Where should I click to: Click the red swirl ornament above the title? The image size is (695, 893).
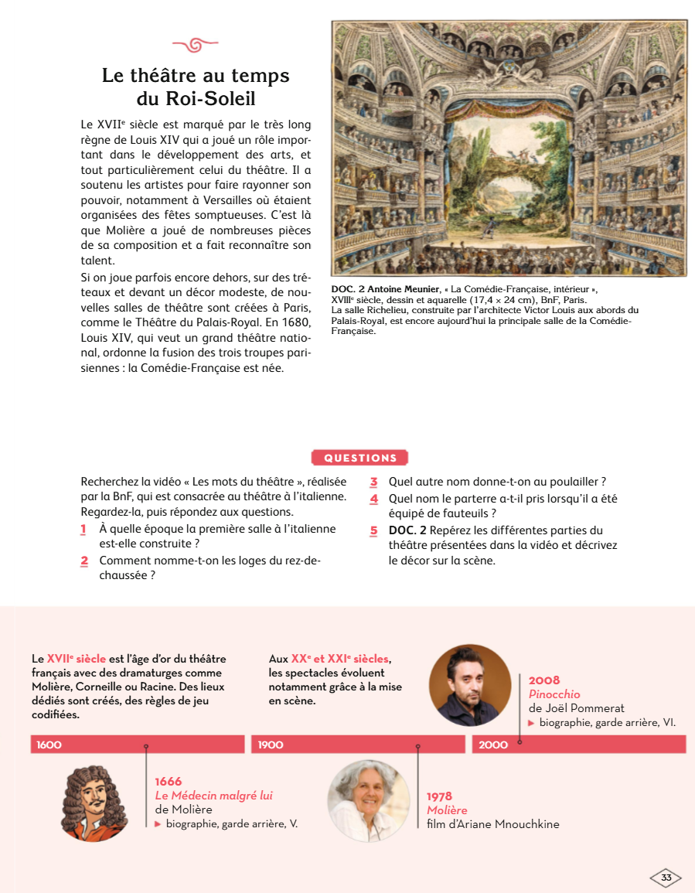point(195,44)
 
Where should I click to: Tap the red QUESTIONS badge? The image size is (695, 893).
point(359,458)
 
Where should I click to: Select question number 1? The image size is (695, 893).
point(83,530)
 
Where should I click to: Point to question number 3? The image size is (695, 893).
point(373,482)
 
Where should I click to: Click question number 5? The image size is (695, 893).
point(373,531)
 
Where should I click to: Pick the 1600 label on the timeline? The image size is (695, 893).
point(49,745)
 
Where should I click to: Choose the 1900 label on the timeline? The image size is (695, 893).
point(271,745)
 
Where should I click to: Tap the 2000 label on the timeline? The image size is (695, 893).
point(493,745)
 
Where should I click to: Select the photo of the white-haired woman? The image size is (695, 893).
point(368,801)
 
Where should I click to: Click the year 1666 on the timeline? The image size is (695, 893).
point(169,782)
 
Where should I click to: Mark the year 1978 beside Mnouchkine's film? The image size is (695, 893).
point(439,796)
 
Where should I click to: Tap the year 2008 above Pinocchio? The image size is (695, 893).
point(544,680)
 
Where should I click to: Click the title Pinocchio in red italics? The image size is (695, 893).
point(554,694)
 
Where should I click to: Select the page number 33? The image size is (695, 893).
point(666,878)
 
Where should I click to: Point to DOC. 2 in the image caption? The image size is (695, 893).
point(347,290)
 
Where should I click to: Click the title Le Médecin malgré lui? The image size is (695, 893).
point(213,796)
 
